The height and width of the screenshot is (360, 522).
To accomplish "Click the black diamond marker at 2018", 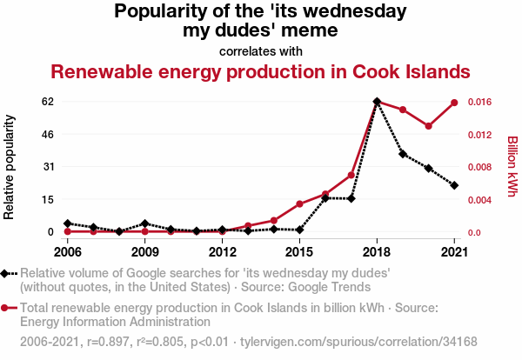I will [x=377, y=102].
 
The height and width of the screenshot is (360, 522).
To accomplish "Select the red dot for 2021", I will [x=454, y=103].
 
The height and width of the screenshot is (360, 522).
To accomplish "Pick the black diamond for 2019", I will [x=403, y=154].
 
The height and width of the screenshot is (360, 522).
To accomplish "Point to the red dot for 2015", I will [x=299, y=204].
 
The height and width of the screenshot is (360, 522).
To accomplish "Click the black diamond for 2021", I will [x=454, y=185].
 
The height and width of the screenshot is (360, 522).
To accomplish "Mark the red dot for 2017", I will [x=351, y=176].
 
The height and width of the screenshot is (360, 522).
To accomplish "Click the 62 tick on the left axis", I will [x=48, y=102].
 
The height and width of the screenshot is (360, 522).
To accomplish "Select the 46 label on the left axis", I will [x=48, y=135].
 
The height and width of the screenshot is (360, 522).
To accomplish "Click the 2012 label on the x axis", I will [x=223, y=252].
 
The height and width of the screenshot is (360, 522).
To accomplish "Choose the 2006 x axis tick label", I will [x=67, y=252].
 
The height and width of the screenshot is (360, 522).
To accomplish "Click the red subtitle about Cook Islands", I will [x=260, y=71].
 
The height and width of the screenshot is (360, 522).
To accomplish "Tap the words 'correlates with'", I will [x=261, y=50].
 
